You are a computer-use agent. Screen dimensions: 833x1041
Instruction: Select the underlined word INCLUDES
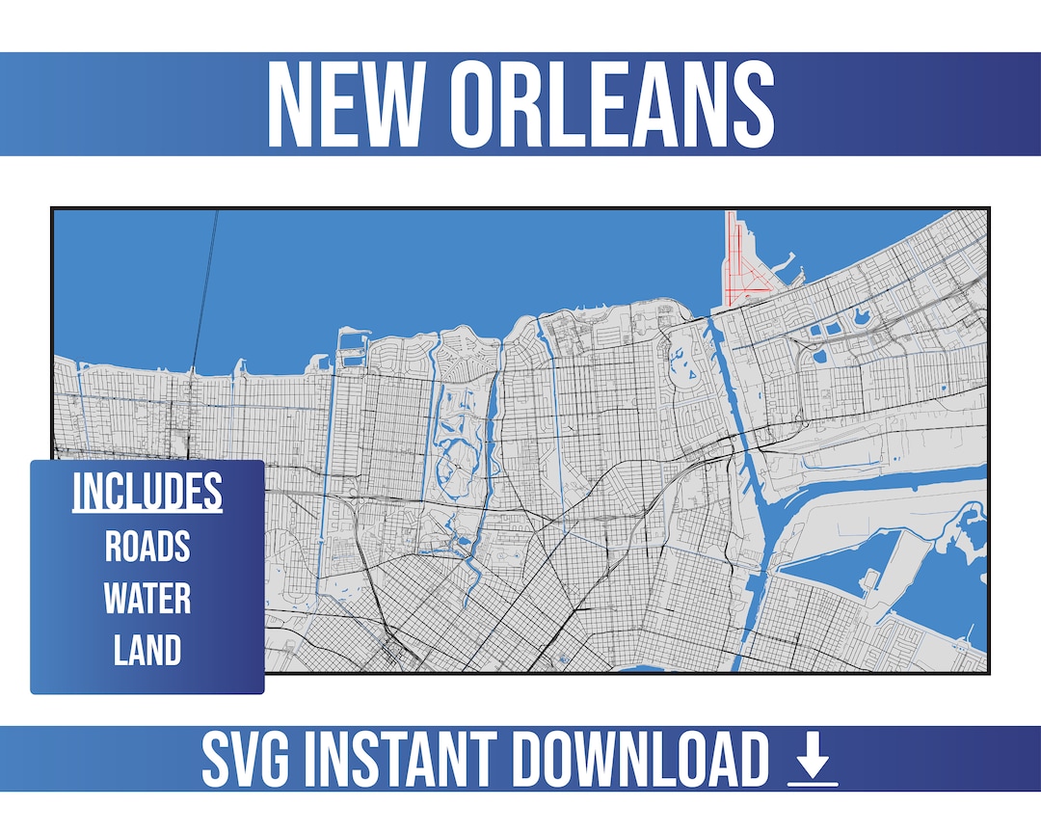coord(147,492)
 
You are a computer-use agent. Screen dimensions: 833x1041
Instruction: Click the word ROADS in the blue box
coord(147,547)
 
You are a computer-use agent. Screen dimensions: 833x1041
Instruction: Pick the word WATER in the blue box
coord(147,599)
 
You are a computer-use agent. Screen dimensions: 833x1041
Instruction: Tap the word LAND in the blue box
coord(147,651)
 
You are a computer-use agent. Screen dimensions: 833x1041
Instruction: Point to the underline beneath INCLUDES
coord(147,512)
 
